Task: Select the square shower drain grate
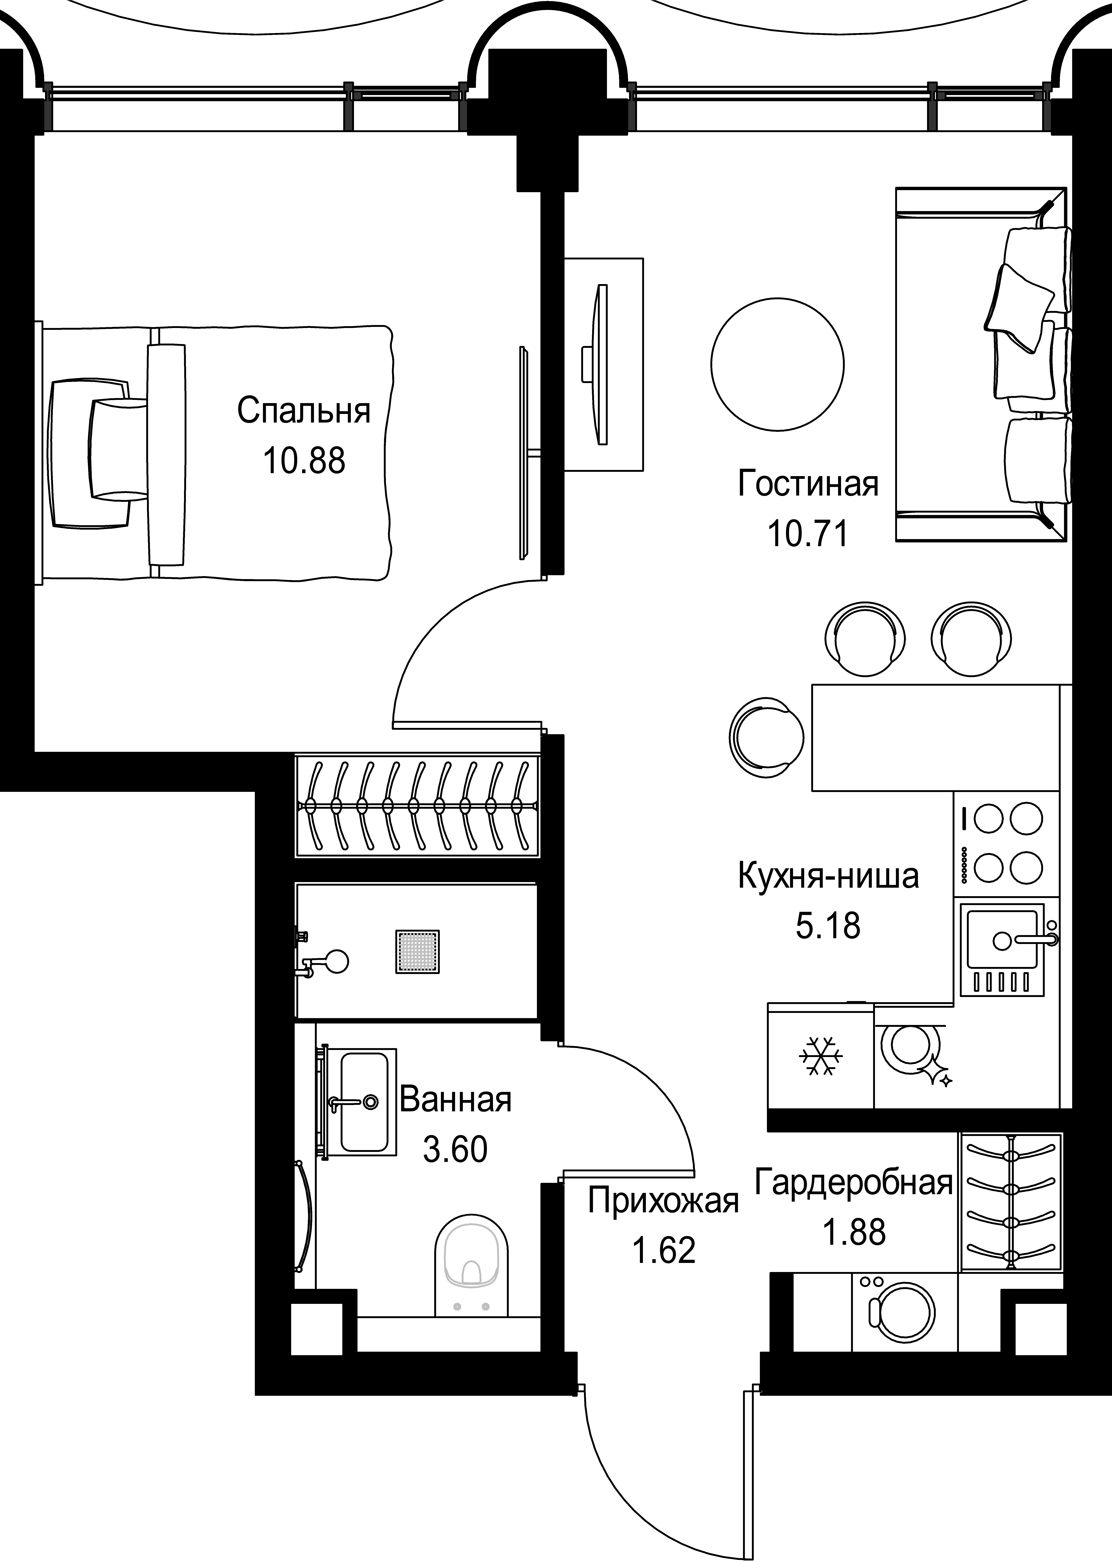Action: click(417, 951)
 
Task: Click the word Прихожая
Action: click(663, 1202)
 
